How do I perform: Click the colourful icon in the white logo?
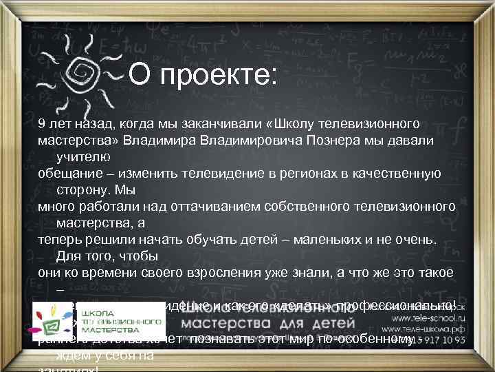[52, 320]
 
